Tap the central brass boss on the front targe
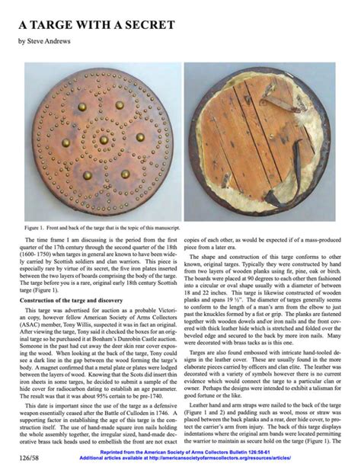click(104, 139)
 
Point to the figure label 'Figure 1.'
click(34, 228)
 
